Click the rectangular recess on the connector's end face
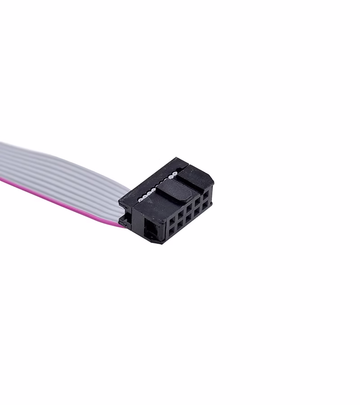coord(151,229)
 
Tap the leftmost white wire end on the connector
coord(141,198)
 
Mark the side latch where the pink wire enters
coord(124,221)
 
